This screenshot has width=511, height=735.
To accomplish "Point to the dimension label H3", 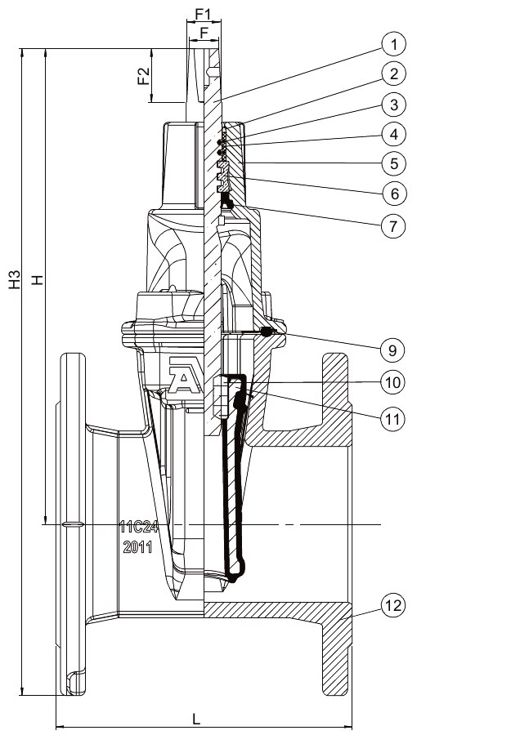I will coord(14,280).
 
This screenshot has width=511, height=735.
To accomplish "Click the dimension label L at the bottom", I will coord(196,718).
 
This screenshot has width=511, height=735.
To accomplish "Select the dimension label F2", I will coord(143,76).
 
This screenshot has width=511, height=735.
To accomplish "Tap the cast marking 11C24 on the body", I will coord(138,527).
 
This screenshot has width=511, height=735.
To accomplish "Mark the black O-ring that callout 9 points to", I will coord(265,332).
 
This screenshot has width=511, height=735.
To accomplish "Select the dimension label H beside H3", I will coord(36,280).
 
